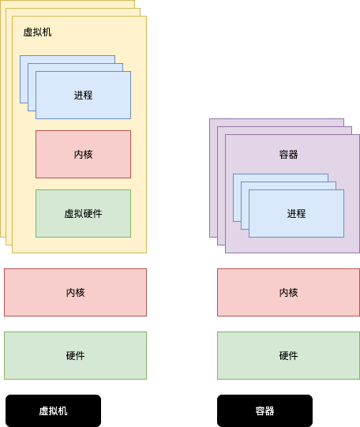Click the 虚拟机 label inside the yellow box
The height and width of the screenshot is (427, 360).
coord(37,32)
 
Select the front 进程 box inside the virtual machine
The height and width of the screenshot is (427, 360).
coord(83,96)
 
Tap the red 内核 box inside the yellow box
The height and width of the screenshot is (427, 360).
coord(83,154)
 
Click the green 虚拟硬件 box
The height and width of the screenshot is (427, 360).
coord(83,213)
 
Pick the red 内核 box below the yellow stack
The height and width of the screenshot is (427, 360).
coord(75,292)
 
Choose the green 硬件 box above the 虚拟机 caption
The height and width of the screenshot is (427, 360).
coord(75,355)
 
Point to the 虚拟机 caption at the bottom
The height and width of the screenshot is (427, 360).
coord(53,411)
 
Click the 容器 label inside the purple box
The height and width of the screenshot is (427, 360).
coord(288,154)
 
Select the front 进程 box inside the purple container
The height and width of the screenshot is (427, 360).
coord(296,213)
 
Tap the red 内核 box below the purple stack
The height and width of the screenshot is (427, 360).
coord(288,292)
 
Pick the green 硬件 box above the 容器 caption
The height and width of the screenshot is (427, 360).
coord(288,355)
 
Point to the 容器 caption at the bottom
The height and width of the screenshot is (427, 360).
coord(264,411)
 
